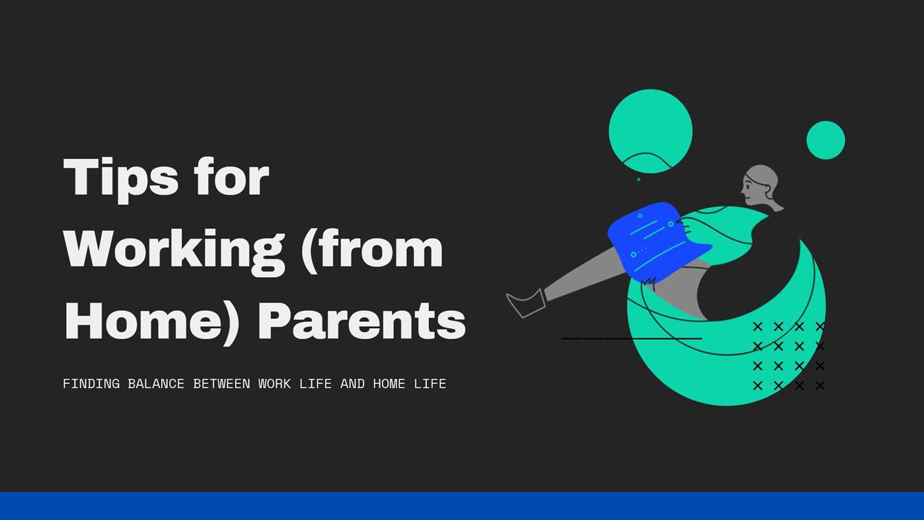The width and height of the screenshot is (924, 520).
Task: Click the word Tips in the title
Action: pyautogui.click(x=120, y=177)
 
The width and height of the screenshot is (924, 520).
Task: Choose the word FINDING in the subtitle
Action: pyautogui.click(x=91, y=384)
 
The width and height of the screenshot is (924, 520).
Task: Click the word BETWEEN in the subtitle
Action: pyautogui.click(x=221, y=384)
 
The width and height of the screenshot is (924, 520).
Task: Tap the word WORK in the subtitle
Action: pyautogui.click(x=274, y=384)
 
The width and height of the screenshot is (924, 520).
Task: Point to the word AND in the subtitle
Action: pyautogui.click(x=352, y=384)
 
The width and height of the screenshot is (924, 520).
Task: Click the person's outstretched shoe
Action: pyautogui.click(x=527, y=303)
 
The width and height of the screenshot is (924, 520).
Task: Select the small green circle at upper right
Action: pyautogui.click(x=825, y=140)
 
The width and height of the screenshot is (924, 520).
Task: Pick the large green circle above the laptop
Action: pyautogui.click(x=650, y=127)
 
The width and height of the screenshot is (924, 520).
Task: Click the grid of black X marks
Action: pyautogui.click(x=789, y=356)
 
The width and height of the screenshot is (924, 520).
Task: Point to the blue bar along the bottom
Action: pyautogui.click(x=462, y=506)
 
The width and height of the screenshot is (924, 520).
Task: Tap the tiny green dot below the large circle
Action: pyautogui.click(x=639, y=180)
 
